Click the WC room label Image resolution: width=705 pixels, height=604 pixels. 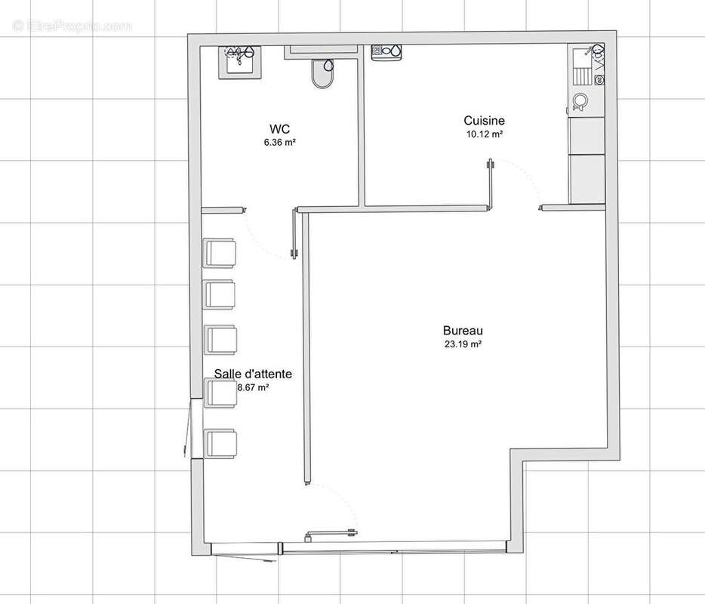pos(279,128)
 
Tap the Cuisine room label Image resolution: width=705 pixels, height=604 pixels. pos(485,121)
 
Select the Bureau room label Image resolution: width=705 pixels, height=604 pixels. pos(463,331)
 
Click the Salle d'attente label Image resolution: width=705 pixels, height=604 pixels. pos(253,374)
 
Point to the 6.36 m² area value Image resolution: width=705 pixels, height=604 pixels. pos(279,142)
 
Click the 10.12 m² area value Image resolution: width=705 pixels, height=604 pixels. pos(485,134)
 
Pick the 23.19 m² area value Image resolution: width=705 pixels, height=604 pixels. pos(463,344)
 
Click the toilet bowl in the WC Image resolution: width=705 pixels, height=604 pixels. pos(322,73)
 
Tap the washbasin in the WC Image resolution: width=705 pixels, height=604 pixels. pos(240,63)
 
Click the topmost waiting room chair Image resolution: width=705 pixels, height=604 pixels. pos(220,253)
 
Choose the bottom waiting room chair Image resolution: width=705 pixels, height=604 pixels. pos(220,443)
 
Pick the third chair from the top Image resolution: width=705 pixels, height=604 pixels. pos(220,340)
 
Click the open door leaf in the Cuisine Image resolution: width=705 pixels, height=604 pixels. pos(490,183)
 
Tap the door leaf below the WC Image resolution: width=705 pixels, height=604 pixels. pos(294,233)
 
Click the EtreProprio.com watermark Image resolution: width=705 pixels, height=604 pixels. pos(72,26)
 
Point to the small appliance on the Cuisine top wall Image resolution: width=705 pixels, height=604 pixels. pos(386,52)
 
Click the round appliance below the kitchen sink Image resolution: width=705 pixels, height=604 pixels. pos(580,102)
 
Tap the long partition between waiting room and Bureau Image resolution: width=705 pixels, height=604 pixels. pos(306,347)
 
